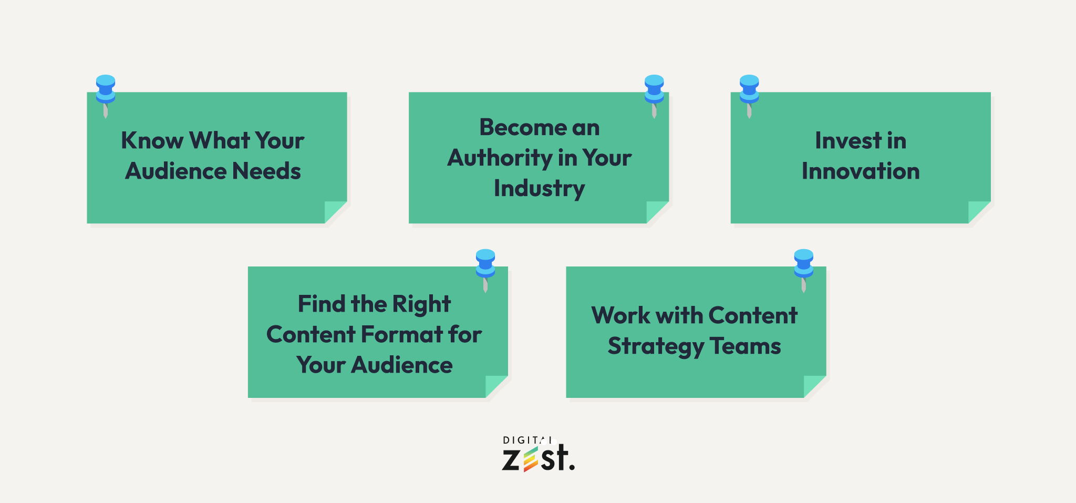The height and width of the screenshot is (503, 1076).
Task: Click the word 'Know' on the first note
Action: [152, 141]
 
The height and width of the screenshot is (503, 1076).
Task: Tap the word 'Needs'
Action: [266, 171]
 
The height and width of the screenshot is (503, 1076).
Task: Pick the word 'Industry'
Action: [540, 189]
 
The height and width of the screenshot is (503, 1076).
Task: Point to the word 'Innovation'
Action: [861, 171]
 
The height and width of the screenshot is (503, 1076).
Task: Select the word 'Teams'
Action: [746, 346]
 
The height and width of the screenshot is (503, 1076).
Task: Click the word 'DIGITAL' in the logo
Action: [527, 440]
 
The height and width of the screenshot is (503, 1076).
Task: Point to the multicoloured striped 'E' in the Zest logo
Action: [531, 459]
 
